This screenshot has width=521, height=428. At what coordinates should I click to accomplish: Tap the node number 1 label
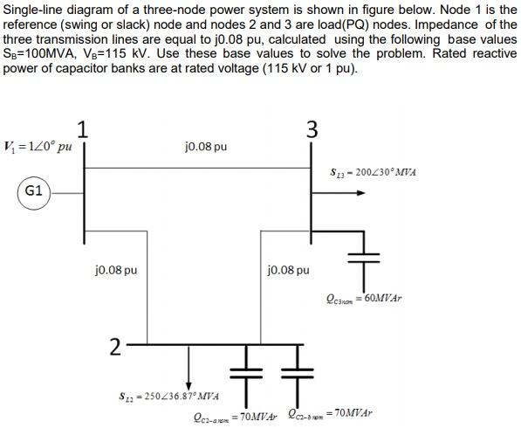tap(83, 128)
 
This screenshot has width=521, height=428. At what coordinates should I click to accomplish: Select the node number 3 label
tap(312, 129)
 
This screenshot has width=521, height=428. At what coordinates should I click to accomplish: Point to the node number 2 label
tap(114, 346)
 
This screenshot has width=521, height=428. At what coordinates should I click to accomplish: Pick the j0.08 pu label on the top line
tap(206, 146)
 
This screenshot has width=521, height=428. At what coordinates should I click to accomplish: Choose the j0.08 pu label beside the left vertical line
tap(116, 270)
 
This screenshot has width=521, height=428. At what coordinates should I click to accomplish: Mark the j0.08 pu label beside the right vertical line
tap(288, 270)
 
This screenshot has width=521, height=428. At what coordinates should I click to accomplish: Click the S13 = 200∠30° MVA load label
tap(373, 172)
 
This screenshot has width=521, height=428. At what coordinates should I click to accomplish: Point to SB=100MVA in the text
tap(38, 53)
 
